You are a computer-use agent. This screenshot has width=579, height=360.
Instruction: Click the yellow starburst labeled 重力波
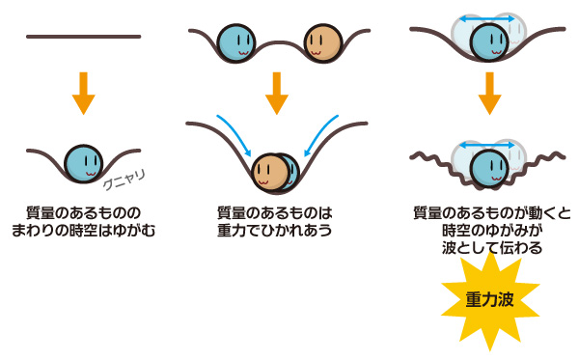[x=490, y=300]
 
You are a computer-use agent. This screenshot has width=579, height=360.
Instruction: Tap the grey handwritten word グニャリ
[x=124, y=180]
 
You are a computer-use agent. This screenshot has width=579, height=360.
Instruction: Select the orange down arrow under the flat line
[x=84, y=93]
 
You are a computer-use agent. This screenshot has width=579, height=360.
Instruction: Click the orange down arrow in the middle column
[x=277, y=93]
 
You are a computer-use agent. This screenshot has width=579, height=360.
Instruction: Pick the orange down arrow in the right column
[x=489, y=93]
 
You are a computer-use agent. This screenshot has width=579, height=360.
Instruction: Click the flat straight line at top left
[x=83, y=37]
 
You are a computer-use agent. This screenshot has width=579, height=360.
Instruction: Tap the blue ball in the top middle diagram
[x=236, y=42]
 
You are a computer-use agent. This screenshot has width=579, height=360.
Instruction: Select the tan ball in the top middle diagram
[x=323, y=42]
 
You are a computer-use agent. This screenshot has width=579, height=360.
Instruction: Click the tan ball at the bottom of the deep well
[x=270, y=172]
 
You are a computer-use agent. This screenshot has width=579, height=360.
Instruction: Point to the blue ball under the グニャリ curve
[x=83, y=163]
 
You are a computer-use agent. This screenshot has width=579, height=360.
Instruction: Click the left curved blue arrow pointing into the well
[x=234, y=135]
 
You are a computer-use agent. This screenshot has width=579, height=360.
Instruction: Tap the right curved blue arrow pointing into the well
[x=320, y=135]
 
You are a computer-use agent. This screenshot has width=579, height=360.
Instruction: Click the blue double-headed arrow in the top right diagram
[x=486, y=19]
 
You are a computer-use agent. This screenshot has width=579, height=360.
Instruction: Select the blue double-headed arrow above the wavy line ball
[x=486, y=146]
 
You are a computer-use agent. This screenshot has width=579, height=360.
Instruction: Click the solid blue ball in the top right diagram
[x=489, y=42]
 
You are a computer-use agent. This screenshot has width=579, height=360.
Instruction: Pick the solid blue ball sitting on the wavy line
[x=489, y=169]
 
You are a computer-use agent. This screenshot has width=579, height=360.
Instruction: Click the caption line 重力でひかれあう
[x=274, y=230]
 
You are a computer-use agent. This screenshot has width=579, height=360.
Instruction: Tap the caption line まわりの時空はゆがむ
[x=83, y=230]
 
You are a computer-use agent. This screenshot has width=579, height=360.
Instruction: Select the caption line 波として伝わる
[x=492, y=247]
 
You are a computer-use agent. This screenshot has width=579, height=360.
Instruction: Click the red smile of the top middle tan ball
[x=316, y=53]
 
